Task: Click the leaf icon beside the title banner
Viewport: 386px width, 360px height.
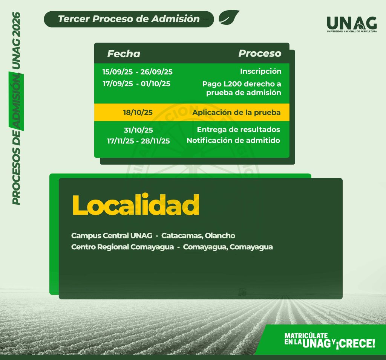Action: pyautogui.click(x=229, y=17)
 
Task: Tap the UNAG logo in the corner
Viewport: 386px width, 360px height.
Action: pyautogui.click(x=352, y=24)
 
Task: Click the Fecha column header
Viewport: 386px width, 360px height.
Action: pyautogui.click(x=124, y=54)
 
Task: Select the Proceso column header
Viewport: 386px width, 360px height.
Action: pyautogui.click(x=260, y=53)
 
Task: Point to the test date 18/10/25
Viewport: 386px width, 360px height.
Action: pyautogui.click(x=138, y=112)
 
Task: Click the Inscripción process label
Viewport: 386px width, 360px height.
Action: pyautogui.click(x=261, y=71)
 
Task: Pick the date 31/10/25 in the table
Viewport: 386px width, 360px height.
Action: pyautogui.click(x=138, y=130)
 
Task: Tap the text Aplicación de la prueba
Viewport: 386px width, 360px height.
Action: pyautogui.click(x=236, y=112)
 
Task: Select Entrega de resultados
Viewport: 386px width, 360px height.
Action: pyautogui.click(x=239, y=130)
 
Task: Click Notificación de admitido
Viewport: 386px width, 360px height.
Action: pyautogui.click(x=233, y=140)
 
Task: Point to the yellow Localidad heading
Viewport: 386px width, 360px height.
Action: pyautogui.click(x=136, y=205)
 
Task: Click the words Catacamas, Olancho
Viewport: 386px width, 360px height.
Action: pyautogui.click(x=198, y=236)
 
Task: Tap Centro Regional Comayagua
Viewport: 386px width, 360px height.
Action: pyautogui.click(x=123, y=247)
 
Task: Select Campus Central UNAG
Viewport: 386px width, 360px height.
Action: pyautogui.click(x=112, y=236)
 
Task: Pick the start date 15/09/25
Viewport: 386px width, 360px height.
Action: pyautogui.click(x=118, y=72)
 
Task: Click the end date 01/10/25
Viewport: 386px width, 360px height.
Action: pyautogui.click(x=156, y=84)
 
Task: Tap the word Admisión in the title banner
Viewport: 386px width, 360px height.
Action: pyautogui.click(x=175, y=19)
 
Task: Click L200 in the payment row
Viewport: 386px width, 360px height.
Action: pyautogui.click(x=232, y=84)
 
